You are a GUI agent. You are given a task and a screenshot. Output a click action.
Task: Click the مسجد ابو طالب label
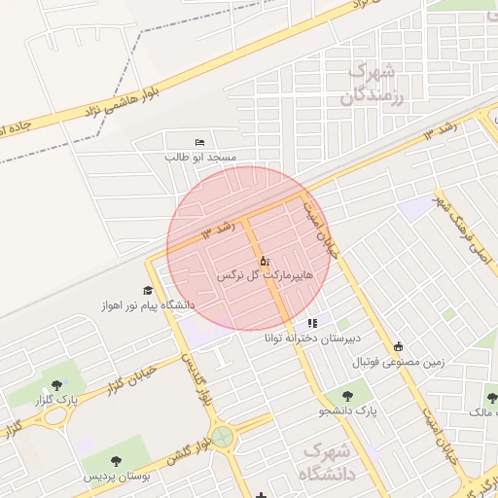200,156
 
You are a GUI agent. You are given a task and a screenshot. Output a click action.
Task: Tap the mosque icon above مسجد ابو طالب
200,142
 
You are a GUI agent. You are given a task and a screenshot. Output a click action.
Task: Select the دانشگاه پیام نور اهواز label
147,305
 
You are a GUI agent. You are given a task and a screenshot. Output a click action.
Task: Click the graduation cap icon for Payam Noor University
148,290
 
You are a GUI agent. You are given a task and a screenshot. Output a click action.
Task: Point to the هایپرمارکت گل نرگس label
266,276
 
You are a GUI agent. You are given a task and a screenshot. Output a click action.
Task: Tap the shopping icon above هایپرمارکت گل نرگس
265,261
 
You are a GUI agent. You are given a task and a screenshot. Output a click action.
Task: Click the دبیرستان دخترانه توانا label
311,338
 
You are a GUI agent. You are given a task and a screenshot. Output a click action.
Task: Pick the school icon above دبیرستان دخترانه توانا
312,323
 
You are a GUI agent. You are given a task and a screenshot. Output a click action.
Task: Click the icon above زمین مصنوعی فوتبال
398,346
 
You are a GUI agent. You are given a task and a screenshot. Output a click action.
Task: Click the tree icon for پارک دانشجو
348,396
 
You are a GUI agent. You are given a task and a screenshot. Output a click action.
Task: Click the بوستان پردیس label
116,477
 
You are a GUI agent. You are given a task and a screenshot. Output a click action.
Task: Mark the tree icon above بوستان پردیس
117,461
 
